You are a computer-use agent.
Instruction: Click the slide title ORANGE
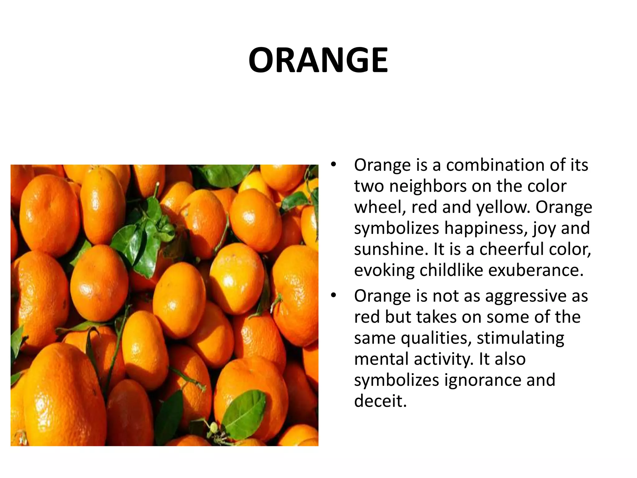click(318, 60)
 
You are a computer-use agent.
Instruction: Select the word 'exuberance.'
click(536, 270)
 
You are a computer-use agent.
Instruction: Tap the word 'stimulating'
click(520, 338)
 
